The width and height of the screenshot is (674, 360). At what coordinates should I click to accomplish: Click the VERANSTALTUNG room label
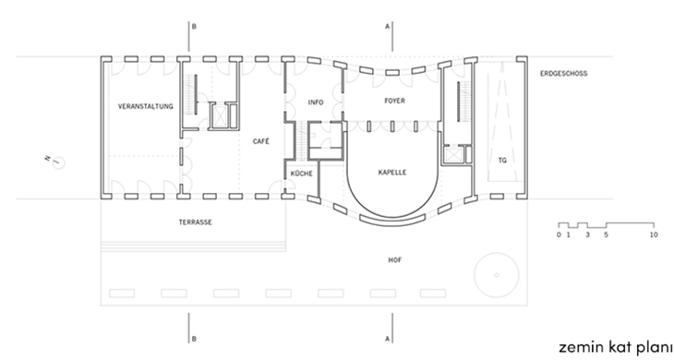click(146, 106)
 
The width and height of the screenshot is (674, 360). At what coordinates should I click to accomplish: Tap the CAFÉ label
click(261, 141)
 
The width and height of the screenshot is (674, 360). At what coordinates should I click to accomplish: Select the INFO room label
click(316, 102)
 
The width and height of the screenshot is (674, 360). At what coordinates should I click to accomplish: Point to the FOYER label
click(394, 101)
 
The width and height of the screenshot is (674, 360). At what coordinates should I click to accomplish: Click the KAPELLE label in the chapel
click(392, 173)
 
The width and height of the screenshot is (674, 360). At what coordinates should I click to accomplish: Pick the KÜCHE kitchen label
click(302, 174)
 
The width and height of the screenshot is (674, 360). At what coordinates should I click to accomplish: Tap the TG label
click(502, 161)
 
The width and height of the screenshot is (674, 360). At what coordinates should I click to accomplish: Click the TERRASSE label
click(196, 222)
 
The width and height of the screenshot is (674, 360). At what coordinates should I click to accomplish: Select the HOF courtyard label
click(395, 260)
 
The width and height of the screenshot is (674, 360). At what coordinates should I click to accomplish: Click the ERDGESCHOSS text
click(563, 74)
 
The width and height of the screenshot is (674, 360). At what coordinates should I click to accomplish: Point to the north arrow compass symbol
click(57, 162)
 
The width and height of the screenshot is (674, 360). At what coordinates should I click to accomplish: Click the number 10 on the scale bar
click(654, 234)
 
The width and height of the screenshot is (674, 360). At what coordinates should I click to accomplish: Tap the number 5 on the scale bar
click(606, 234)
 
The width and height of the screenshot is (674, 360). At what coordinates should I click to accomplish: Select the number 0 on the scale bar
click(559, 234)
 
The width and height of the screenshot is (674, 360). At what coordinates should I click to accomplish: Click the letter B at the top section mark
click(194, 27)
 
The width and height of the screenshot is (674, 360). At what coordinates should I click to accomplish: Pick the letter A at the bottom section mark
click(387, 339)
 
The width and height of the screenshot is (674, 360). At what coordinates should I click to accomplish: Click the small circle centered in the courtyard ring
click(497, 275)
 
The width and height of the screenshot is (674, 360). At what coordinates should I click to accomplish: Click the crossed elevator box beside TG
click(452, 154)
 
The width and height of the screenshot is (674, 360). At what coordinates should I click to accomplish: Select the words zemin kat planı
click(616, 347)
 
